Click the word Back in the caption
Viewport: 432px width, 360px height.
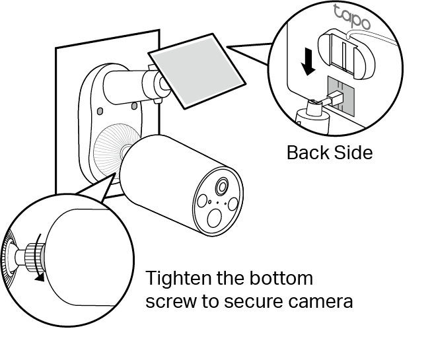(x=308, y=153)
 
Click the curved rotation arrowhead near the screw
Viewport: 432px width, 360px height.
(x=42, y=277)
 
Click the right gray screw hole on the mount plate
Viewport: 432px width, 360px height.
(x=134, y=104)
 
